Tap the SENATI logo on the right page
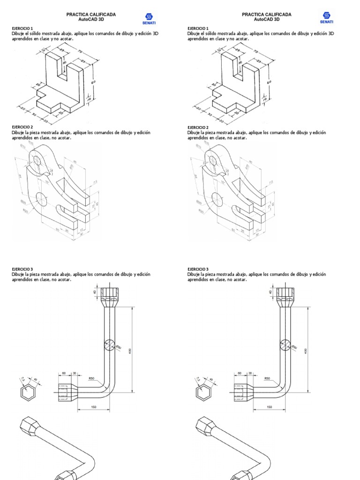(x=326, y=18)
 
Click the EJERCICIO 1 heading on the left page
(x=22, y=29)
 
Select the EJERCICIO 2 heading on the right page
(x=197, y=127)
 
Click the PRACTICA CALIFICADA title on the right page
(x=266, y=15)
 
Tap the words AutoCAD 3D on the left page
(x=91, y=20)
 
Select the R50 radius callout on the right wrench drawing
(x=267, y=378)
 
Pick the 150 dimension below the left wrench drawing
(x=94, y=407)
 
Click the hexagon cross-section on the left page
(x=28, y=394)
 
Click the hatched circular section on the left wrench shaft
(x=109, y=345)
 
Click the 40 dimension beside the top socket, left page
(x=95, y=292)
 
